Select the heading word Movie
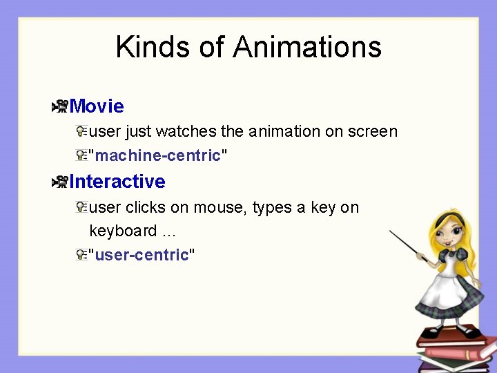tap(97, 106)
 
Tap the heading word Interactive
tap(117, 182)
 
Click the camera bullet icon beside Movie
tap(59, 106)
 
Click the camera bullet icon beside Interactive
tap(59, 182)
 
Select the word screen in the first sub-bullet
tap(372, 131)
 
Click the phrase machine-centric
tap(157, 156)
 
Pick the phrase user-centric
tap(142, 256)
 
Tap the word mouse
tap(223, 207)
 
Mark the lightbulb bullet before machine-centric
tap(81, 156)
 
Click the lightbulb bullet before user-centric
tap(81, 256)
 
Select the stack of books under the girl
tap(456, 349)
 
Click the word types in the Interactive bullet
tap(273, 207)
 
